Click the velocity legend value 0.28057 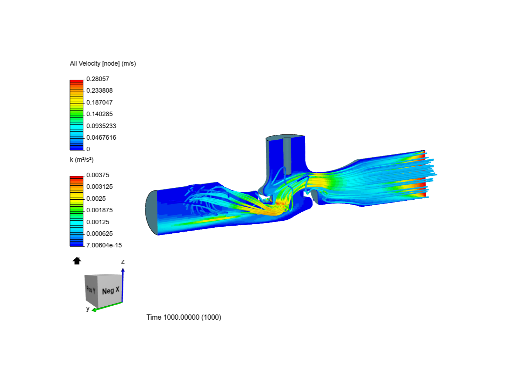(x=97, y=79)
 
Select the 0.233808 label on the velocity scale (x=99, y=91)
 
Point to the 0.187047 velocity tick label (x=99, y=102)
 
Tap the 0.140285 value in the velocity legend (x=99, y=114)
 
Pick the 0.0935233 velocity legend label (x=101, y=126)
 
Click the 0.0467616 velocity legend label (x=101, y=137)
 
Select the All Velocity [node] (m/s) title (x=103, y=64)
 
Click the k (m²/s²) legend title (x=82, y=160)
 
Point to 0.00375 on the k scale (x=97, y=175)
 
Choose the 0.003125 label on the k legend (x=99, y=187)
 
